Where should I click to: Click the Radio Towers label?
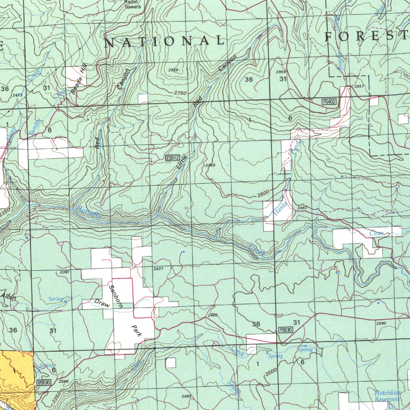point(133,4)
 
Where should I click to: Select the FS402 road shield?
point(329,102)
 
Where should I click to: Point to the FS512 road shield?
point(172,158)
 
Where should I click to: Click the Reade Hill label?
point(79,80)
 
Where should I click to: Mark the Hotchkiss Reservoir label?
point(388,396)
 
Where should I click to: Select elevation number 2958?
point(173,70)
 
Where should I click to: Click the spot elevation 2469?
point(210,165)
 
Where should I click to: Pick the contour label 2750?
point(181,93)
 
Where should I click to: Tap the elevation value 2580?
point(382,323)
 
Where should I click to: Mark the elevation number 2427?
point(159,269)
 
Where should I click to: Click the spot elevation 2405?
point(213,316)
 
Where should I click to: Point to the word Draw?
point(102,303)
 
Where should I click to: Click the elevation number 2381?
point(64,272)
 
